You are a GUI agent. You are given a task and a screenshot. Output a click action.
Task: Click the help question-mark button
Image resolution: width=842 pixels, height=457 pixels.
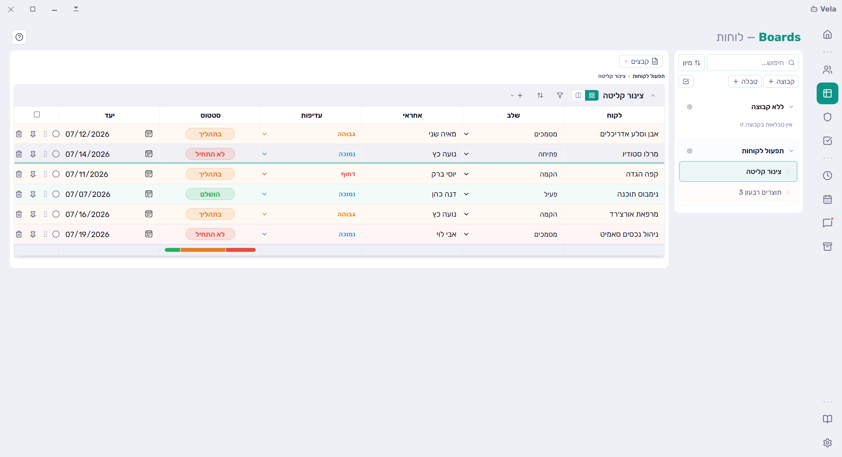pos(19,37)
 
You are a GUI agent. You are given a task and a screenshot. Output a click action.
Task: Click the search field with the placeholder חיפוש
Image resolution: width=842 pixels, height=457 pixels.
pos(753,63)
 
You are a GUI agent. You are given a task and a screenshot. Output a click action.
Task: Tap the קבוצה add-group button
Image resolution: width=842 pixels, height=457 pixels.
pos(781,82)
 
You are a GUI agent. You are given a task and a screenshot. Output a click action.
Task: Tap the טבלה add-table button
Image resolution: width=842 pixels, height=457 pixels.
pos(745,82)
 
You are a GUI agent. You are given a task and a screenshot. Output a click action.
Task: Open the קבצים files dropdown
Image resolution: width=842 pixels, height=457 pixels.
pos(641,61)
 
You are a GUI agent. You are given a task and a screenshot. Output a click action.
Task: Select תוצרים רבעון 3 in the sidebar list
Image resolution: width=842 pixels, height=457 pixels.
pos(760,192)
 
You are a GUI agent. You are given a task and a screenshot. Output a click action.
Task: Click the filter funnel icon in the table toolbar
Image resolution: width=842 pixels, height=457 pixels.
pos(560,95)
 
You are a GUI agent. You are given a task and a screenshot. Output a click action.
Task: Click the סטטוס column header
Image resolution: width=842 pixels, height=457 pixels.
pos(211,115)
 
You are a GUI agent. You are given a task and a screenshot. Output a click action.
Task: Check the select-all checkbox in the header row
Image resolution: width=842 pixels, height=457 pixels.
pos(37,114)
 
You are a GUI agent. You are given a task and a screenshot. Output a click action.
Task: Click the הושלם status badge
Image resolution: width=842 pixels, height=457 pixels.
pos(210,194)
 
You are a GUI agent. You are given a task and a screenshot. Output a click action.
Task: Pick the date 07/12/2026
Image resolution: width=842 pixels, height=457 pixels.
pos(88,134)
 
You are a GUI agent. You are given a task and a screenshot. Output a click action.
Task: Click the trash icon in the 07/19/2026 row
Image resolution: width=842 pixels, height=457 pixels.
pos(19,234)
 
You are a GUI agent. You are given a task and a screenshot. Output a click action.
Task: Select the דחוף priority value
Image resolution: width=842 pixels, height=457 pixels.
pos(348,174)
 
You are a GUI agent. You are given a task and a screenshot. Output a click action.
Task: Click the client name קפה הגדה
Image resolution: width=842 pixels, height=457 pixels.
pos(642,174)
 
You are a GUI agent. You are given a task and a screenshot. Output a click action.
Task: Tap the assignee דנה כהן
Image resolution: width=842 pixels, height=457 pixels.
pos(444,194)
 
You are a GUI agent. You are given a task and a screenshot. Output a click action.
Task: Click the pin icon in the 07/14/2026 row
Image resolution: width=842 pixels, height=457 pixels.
pos(33,154)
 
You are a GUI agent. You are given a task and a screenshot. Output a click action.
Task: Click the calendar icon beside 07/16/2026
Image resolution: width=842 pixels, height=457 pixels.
pos(149,214)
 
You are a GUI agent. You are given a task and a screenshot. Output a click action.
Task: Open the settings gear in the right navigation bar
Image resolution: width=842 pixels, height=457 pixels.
pos(828,443)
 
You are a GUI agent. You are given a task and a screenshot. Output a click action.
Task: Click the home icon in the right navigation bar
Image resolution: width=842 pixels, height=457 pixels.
pos(828,35)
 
